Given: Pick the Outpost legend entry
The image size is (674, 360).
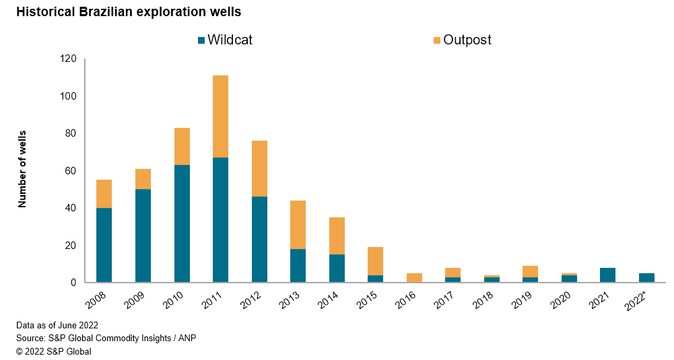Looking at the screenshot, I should pyautogui.click(x=462, y=40).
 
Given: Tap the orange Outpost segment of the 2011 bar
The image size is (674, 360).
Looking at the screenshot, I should pyautogui.click(x=220, y=116).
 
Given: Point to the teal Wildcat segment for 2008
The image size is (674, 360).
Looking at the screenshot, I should pyautogui.click(x=104, y=245).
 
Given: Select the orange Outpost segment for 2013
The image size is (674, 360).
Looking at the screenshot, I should pyautogui.click(x=298, y=225).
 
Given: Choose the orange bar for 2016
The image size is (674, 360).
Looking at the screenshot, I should pyautogui.click(x=415, y=278).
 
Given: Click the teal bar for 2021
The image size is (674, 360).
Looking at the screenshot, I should pyautogui.click(x=608, y=275).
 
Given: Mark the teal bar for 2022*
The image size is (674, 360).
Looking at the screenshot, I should pyautogui.click(x=647, y=278).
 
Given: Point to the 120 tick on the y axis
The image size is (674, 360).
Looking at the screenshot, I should pyautogui.click(x=68, y=59).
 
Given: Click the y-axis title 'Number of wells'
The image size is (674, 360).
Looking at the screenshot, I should pyautogui.click(x=22, y=169).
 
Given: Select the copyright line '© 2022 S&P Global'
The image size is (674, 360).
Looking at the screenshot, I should pyautogui.click(x=54, y=351).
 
